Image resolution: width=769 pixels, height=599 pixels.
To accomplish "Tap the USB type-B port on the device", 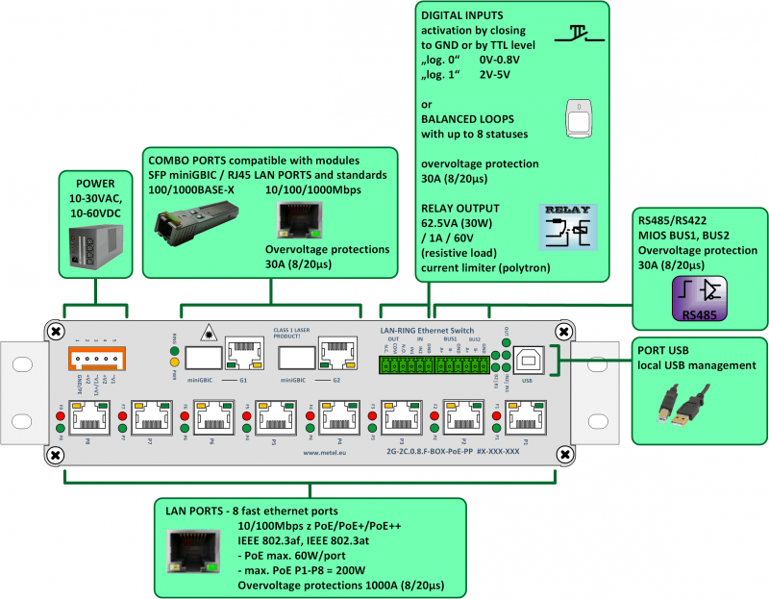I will pos(527,360).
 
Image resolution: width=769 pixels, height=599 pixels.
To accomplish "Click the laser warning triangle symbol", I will pos(207,333).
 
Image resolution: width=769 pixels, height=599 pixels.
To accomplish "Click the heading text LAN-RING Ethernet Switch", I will pos(426,329).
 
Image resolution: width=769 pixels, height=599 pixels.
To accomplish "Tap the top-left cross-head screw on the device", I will pos(56,331).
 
